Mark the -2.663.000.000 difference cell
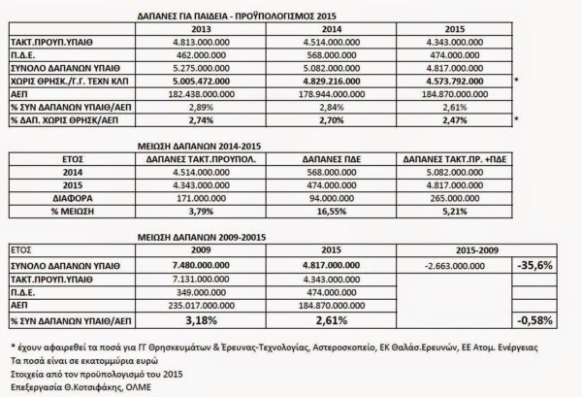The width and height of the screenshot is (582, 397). coord(452,263)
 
